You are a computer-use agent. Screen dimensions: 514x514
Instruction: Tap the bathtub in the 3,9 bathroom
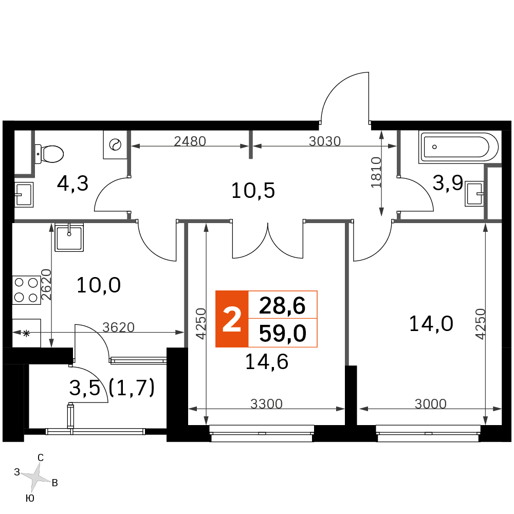point(458,147)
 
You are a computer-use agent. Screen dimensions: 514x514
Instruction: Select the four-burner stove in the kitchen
point(27,290)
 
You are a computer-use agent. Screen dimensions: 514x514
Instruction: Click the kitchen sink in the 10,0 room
point(69,237)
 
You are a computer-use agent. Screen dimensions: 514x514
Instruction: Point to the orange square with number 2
point(232,319)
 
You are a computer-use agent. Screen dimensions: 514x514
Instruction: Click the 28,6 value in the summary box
point(282,305)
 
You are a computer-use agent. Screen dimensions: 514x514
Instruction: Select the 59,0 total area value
point(283,334)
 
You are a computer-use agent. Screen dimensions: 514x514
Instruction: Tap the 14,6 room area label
point(267,362)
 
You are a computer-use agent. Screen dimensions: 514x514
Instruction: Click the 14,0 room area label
point(431,323)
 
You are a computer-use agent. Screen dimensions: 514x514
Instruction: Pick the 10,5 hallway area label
point(253,191)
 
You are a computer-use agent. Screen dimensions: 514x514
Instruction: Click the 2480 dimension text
point(190,141)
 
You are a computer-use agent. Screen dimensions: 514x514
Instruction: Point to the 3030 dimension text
point(325,141)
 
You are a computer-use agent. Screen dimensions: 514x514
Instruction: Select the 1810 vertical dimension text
point(376,172)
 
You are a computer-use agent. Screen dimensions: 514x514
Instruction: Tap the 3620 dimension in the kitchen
point(118,327)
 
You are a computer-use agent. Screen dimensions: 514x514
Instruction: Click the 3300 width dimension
point(266,404)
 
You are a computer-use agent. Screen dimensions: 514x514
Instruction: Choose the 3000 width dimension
point(430,404)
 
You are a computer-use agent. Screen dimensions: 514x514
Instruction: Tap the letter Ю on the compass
point(30,498)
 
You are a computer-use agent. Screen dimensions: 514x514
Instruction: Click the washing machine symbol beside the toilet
point(115,144)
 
